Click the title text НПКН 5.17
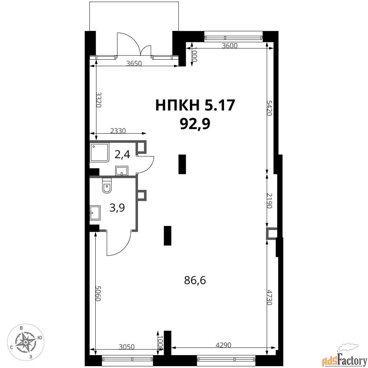[195, 105]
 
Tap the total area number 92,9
[195, 124]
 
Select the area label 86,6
[195, 280]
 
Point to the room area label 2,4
[122, 155]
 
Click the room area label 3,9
[117, 208]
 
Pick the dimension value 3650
[134, 63]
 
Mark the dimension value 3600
[230, 46]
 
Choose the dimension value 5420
[269, 108]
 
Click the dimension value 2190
[269, 201]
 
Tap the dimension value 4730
[269, 298]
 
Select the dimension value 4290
[223, 345]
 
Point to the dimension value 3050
[127, 347]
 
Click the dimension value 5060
[98, 294]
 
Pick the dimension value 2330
[118, 131]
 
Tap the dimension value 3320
[99, 100]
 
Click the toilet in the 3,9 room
[107, 185]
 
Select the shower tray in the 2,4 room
[100, 153]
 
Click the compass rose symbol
[26, 342]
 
